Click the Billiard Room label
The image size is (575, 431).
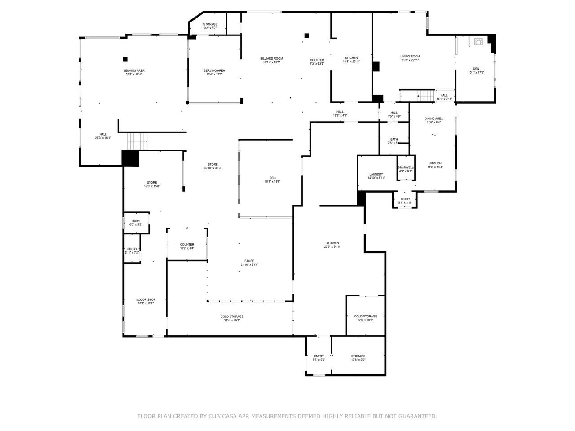(271, 58)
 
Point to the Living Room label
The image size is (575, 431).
(410, 57)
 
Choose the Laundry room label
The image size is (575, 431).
(376, 174)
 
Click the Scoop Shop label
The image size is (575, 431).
(146, 299)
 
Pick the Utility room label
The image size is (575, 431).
(132, 249)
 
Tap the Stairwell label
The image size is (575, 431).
(405, 167)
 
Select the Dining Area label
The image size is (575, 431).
(433, 119)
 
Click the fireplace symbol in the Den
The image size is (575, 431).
(477, 42)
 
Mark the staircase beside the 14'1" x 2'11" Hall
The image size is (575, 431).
(425, 95)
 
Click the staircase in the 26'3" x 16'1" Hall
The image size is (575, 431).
(137, 141)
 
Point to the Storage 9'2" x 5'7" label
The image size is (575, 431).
(210, 24)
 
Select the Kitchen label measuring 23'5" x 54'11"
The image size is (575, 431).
(332, 243)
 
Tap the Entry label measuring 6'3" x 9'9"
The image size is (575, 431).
(319, 356)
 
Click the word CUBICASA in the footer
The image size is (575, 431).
(223, 416)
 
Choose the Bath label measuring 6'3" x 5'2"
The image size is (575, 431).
(136, 220)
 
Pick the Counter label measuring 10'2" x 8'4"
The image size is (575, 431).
(187, 245)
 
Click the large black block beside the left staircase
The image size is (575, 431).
(130, 158)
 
